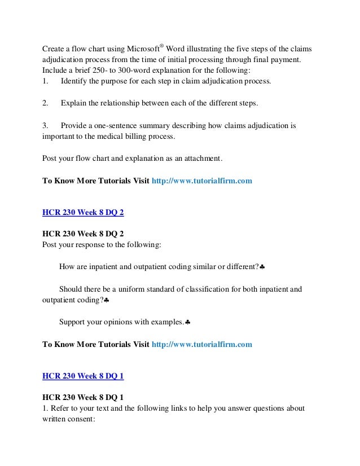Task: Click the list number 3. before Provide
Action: pyautogui.click(x=46, y=126)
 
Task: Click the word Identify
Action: pyautogui.click(x=76, y=82)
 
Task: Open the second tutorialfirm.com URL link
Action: pyautogui.click(x=202, y=343)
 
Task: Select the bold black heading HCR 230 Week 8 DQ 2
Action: pyautogui.click(x=84, y=232)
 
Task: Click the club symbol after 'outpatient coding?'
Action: pyautogui.click(x=106, y=301)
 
